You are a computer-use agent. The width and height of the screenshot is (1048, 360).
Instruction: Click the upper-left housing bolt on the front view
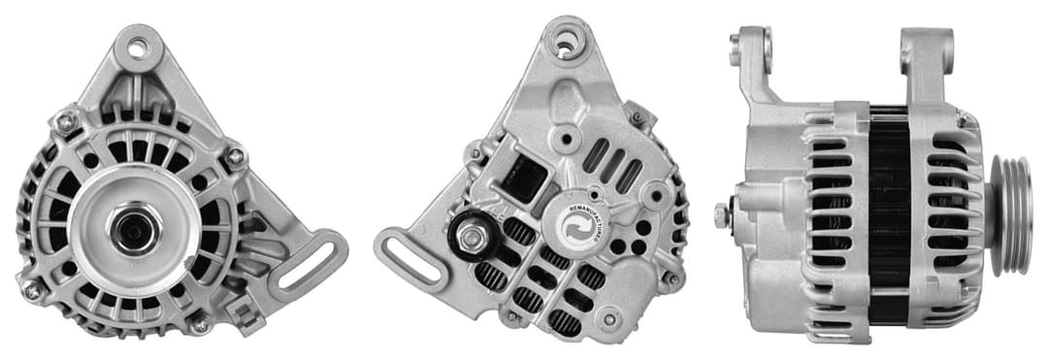click(66, 122)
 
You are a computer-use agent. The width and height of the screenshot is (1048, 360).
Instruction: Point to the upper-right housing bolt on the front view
click(235, 155)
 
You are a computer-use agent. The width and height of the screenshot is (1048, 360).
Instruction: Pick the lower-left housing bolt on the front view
click(33, 289)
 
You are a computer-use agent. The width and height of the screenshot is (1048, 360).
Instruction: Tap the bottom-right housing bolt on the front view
click(199, 324)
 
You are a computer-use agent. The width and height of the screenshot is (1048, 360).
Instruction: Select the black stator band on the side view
click(888, 213)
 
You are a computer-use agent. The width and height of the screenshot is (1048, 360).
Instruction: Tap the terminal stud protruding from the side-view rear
click(723, 215)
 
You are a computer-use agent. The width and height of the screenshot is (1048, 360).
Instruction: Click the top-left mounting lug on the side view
click(753, 53)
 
